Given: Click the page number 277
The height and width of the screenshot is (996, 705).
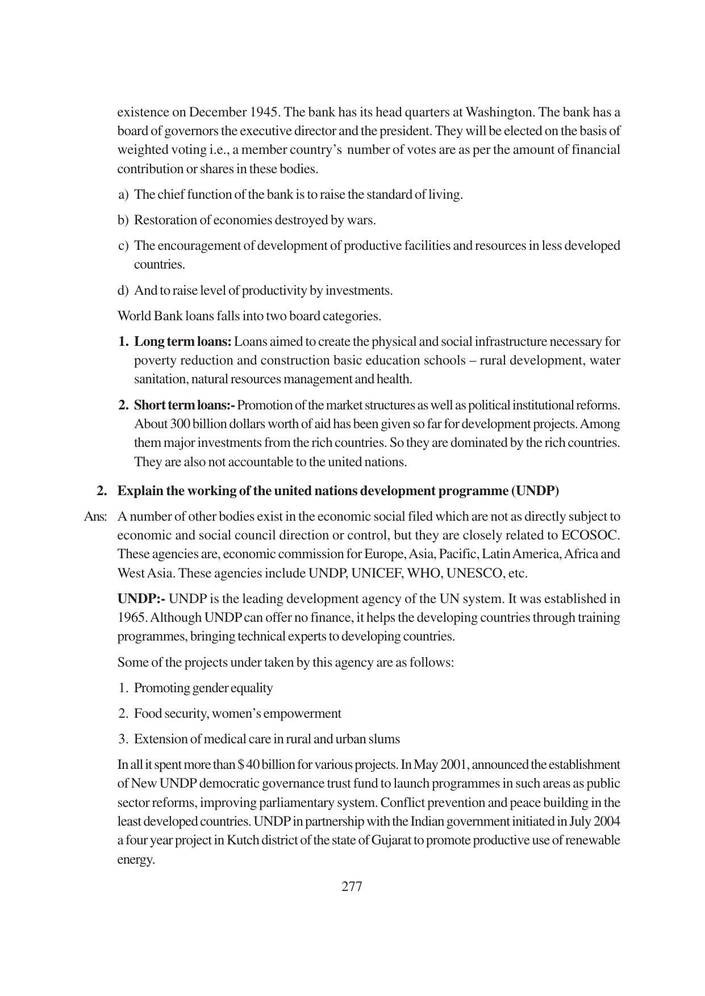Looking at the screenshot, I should (x=352, y=886).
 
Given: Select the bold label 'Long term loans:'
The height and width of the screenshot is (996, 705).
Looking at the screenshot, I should (x=182, y=342).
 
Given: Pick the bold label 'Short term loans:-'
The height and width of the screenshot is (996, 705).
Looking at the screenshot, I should (x=184, y=405).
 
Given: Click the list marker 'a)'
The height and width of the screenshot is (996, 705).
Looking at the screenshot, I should (x=123, y=195).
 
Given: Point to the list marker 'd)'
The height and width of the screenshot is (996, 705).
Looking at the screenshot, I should (x=123, y=291).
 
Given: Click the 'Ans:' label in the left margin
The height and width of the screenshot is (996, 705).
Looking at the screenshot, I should (x=95, y=517).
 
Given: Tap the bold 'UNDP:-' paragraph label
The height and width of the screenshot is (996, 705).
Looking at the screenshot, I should (x=141, y=599).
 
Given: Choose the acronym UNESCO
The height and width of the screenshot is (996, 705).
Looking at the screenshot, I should (x=475, y=573).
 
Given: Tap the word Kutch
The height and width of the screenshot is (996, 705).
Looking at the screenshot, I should (x=243, y=840).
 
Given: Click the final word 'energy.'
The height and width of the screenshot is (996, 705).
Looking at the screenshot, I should (x=136, y=860).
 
